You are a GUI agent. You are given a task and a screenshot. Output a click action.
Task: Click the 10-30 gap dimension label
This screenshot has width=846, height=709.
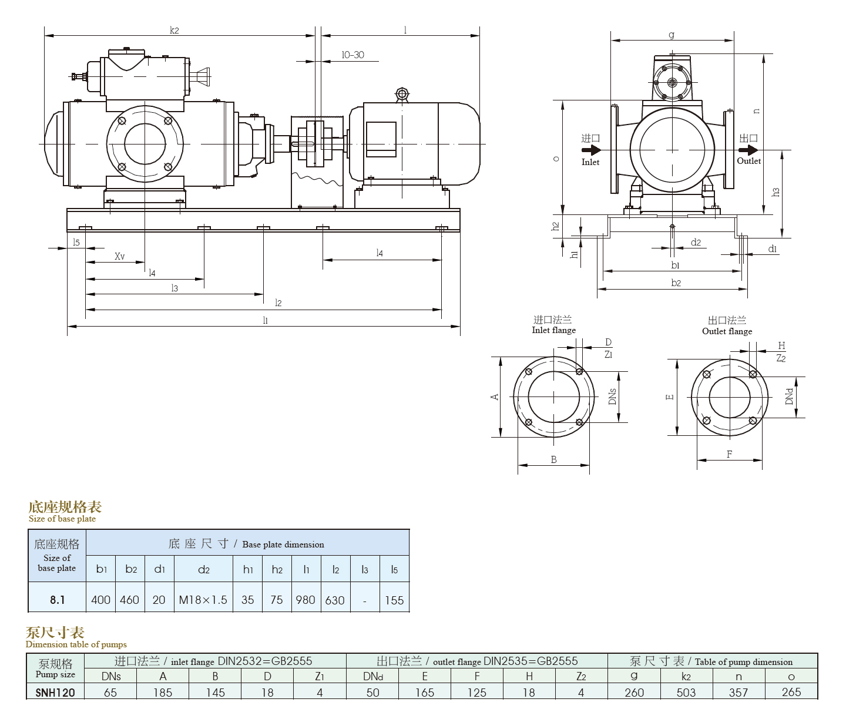pos(352,55)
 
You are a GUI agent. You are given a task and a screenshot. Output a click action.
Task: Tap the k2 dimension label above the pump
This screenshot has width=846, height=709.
pos(174,30)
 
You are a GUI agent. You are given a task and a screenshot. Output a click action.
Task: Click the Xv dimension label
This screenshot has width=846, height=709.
pos(119,256)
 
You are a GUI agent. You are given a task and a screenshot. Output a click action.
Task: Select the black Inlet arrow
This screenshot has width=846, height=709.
pos(592,150)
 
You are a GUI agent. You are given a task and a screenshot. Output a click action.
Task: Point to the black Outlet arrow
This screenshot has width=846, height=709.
pos(748,150)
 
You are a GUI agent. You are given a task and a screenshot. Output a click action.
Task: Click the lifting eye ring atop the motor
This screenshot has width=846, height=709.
pos(401,95)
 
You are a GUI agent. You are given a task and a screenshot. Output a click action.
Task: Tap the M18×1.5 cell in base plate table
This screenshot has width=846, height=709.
pos(203,600)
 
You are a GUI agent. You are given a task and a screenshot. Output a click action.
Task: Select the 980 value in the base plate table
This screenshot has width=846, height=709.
pos(305,600)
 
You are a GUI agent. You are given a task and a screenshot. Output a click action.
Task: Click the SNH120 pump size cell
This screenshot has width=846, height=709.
pos(55,693)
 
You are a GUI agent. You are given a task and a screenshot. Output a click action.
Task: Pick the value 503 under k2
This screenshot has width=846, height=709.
pos(686,693)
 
